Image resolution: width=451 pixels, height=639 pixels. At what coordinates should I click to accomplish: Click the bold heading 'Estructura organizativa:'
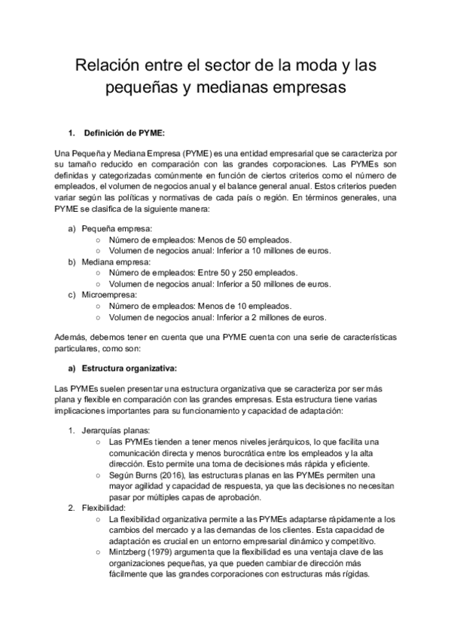(129, 368)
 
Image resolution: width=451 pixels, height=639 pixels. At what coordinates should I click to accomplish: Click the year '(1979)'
(169, 552)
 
